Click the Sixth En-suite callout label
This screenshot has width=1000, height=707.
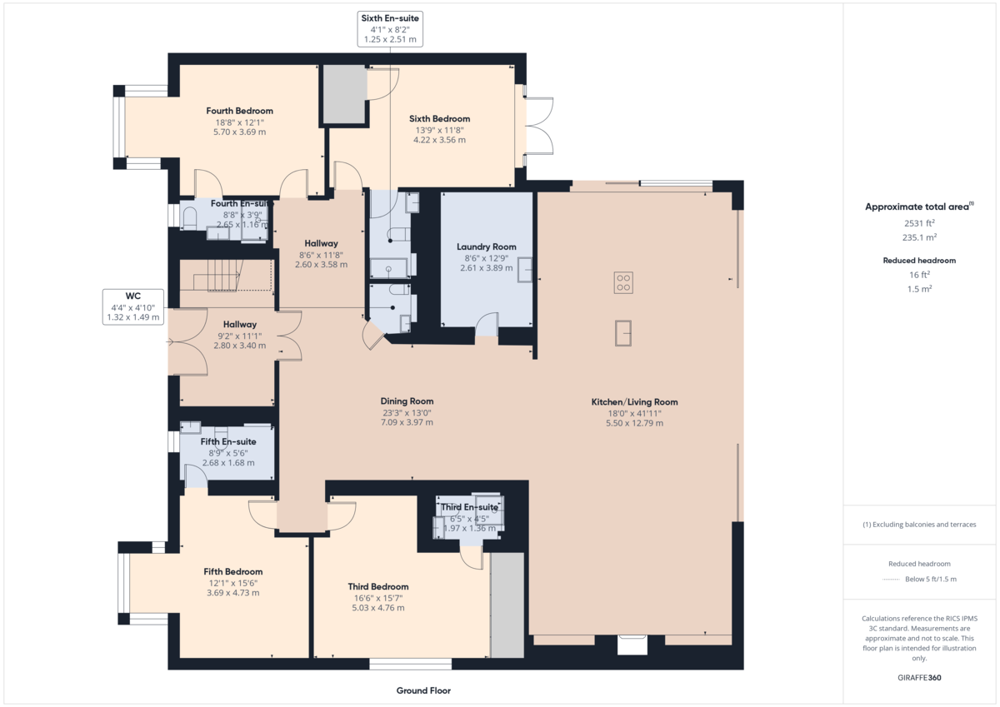pos(389,17)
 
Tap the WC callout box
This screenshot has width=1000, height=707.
pos(133,296)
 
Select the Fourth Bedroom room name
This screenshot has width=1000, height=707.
pos(239,111)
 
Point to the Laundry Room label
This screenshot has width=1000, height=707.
pos(486,246)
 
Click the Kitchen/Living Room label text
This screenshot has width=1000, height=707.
pos(634,402)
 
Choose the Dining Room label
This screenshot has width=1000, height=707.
pos(407,401)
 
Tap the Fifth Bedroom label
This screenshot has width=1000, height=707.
pos(232,572)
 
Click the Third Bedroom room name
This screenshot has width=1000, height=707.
pos(377,587)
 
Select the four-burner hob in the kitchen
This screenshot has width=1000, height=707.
pos(622,282)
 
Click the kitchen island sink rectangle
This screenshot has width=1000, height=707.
pos(624,332)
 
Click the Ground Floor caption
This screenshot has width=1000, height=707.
pos(423,690)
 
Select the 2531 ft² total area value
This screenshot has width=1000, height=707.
pos(919,223)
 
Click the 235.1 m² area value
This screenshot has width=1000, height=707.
pos(919,236)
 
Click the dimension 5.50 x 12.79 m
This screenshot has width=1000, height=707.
pos(634,423)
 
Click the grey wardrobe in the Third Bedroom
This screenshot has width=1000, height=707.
pos(507,605)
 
